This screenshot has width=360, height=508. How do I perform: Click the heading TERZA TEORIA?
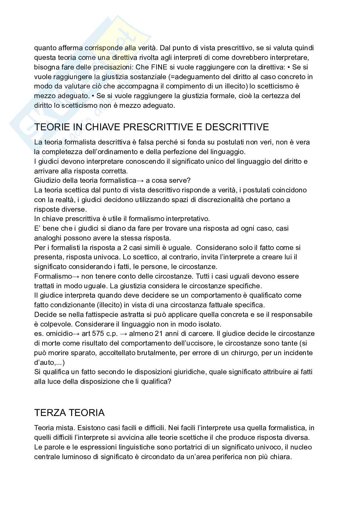(x=69, y=412)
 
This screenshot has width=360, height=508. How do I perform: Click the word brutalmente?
(x=157, y=353)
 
